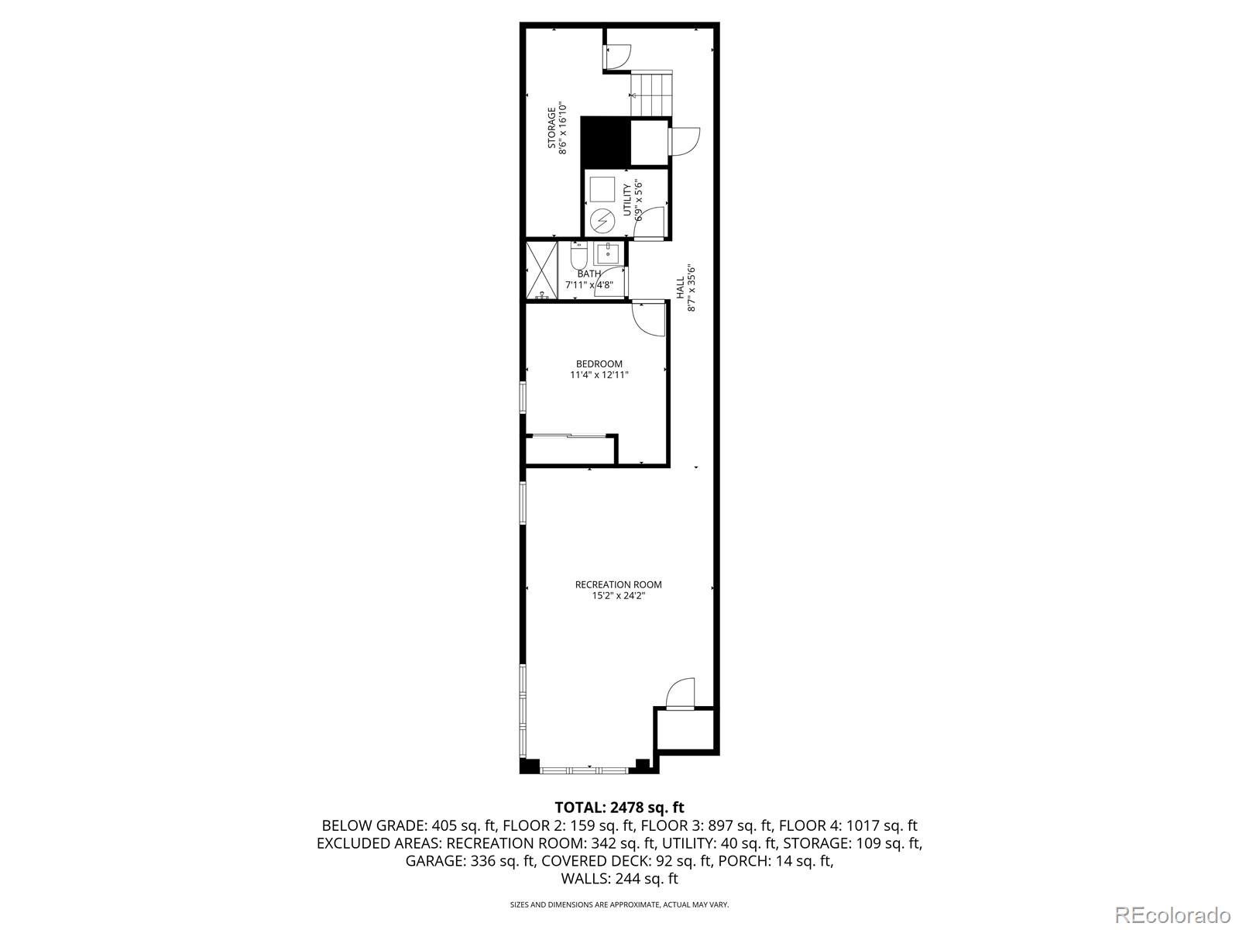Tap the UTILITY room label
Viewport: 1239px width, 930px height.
pos(627,201)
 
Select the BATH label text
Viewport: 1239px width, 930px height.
pos(589,274)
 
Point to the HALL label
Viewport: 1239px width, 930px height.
pos(681,288)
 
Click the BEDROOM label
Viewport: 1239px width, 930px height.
pos(599,363)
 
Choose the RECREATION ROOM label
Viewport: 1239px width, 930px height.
pos(618,584)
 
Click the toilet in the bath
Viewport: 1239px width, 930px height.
pos(578,255)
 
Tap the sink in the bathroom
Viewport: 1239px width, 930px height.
pos(609,253)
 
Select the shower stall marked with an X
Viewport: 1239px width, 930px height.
pos(541,270)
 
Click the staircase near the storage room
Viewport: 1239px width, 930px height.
pos(651,94)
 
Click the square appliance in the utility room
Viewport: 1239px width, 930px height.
pos(602,190)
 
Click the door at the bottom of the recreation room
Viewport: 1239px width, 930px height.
pos(681,694)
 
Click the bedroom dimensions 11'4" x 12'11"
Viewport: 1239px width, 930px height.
pos(599,375)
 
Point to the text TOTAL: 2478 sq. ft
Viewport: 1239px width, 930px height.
pos(619,808)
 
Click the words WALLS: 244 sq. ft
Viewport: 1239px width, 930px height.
pos(619,878)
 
